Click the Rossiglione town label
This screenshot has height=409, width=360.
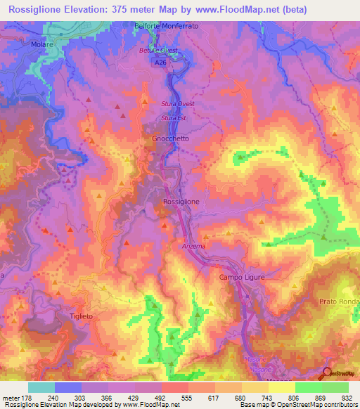(181, 202)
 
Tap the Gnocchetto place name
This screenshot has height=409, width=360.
(171, 139)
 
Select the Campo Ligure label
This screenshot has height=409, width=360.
(240, 277)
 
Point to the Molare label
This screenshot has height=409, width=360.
(43, 44)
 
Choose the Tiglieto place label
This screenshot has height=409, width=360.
(82, 316)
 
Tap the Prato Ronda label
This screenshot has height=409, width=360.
(340, 302)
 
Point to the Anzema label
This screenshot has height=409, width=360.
(193, 246)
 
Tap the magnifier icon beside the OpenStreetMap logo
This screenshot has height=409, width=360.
(328, 373)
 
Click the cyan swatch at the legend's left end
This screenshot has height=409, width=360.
(41, 387)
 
